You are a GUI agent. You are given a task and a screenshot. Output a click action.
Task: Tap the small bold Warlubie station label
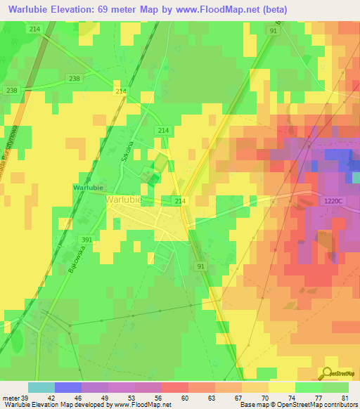tap(88, 188)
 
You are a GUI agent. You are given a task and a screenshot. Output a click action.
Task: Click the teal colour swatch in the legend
tap(41, 387)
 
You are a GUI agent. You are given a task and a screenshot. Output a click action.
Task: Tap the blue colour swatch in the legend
tap(68, 387)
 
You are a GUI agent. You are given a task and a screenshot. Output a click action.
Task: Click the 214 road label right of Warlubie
tap(180, 201)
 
